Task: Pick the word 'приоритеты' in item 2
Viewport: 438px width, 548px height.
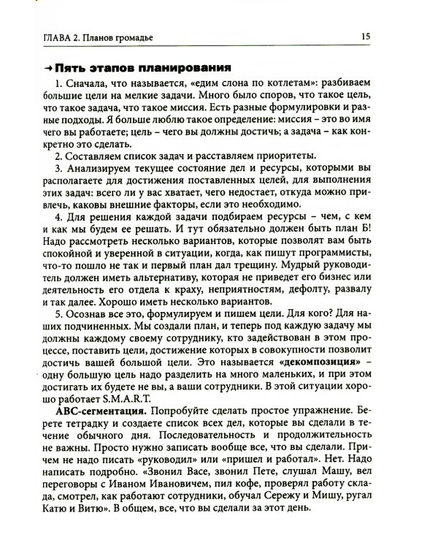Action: coord(286,155)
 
